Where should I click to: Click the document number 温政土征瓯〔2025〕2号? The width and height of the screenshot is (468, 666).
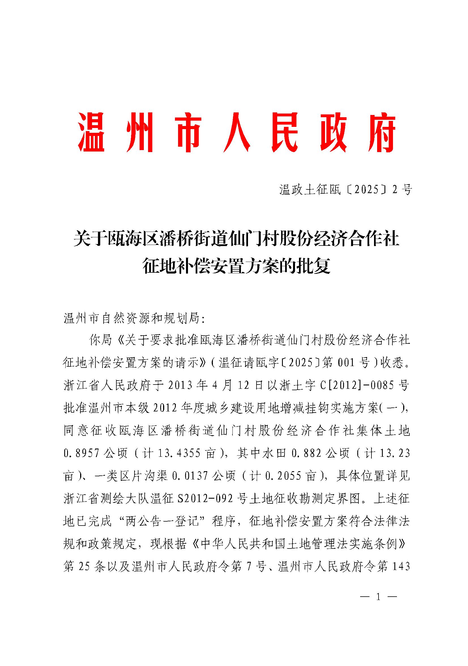point(345,190)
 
